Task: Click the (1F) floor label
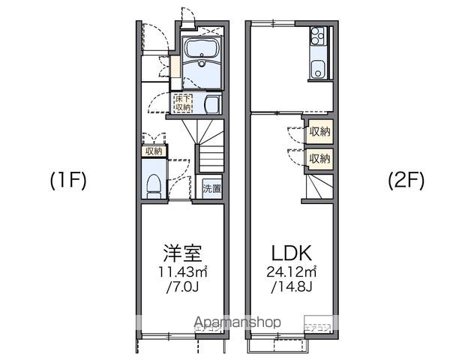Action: (69, 181)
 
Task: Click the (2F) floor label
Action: (406, 181)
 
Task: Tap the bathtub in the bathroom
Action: (200, 51)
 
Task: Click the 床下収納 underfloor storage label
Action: (183, 103)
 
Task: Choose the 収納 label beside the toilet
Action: (153, 151)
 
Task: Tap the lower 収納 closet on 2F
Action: (319, 158)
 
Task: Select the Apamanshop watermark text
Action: (238, 322)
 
